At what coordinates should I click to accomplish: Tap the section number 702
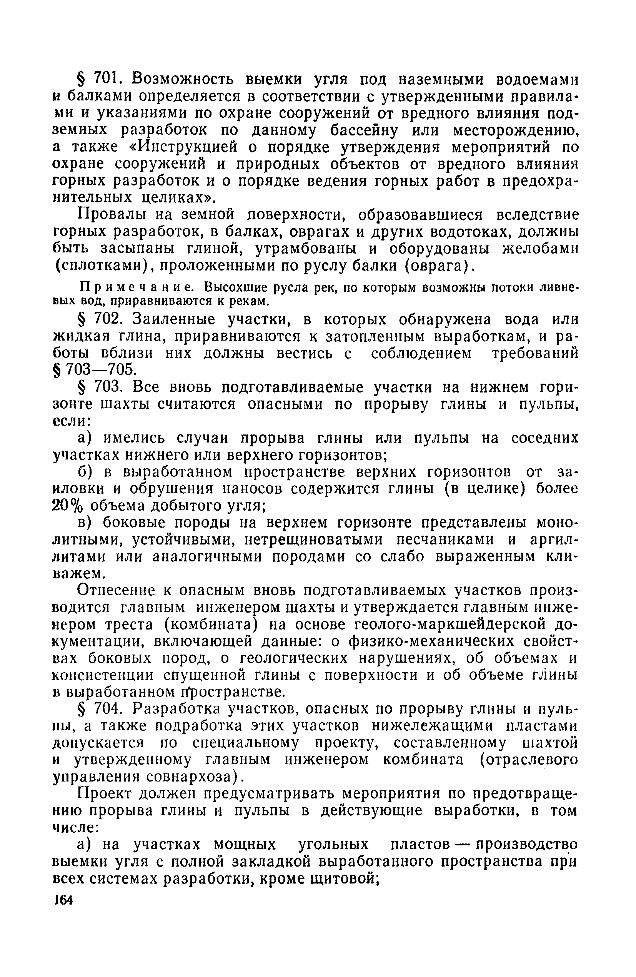pyautogui.click(x=106, y=319)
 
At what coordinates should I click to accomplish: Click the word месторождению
pyautogui.click(x=516, y=130)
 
